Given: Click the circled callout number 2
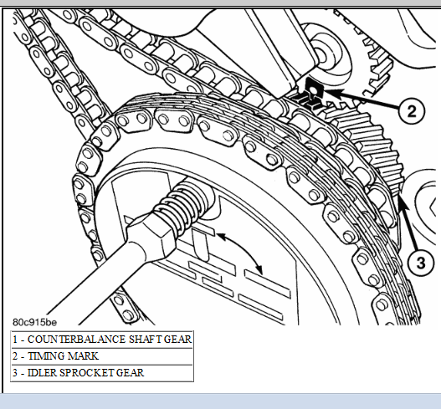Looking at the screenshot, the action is [x=412, y=110].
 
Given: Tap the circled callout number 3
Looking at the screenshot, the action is [x=420, y=263].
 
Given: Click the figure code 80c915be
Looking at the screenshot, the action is [x=34, y=322].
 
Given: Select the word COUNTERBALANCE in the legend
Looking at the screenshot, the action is [x=77, y=340].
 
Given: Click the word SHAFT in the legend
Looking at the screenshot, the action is [x=145, y=340].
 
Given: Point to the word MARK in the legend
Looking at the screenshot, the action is [x=83, y=356].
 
